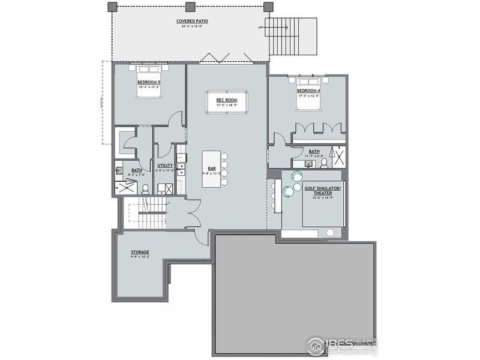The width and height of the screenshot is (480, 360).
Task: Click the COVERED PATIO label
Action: [190, 22]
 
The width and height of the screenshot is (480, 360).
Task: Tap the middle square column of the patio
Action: [190, 7]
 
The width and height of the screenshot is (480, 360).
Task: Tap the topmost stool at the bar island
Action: [224, 155]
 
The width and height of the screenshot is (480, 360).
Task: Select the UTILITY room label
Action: [166, 166]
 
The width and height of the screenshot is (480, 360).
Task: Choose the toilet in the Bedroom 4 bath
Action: [324, 161]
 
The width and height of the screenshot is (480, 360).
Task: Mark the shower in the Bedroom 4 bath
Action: [339, 157]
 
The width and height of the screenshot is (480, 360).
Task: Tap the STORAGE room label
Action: [140, 252]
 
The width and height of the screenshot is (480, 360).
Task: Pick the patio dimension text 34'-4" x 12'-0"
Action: [190, 26]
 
